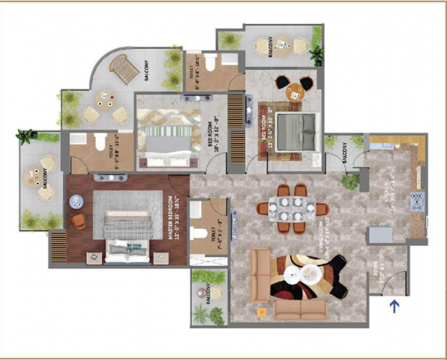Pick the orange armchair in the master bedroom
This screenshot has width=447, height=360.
(x=78, y=221)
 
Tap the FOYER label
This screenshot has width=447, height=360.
(x=375, y=269)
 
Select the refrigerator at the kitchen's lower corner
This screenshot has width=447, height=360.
(x=380, y=233)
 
